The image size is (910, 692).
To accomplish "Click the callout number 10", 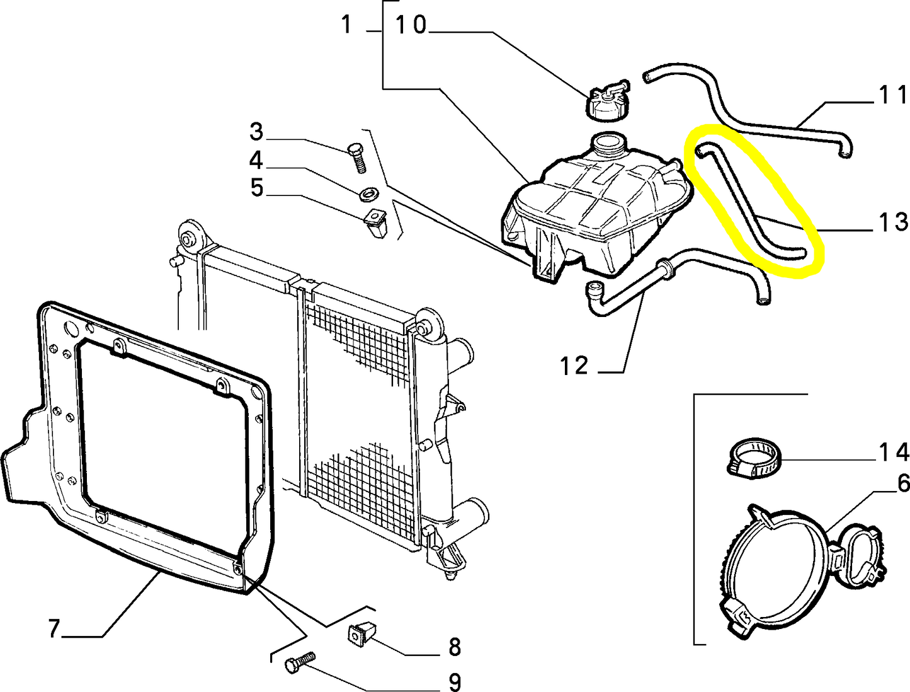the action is pyautogui.click(x=411, y=25).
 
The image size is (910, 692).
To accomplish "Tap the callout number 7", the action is pyautogui.click(x=54, y=628).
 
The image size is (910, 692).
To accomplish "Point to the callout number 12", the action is pyautogui.click(x=574, y=366).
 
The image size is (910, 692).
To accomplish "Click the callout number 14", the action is pyautogui.click(x=894, y=452).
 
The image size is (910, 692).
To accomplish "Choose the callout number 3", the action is pyautogui.click(x=256, y=131).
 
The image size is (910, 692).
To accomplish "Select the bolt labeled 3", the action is pyautogui.click(x=357, y=158).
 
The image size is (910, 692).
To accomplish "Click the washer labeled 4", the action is pyautogui.click(x=367, y=193).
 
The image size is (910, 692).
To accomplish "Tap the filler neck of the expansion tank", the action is pyautogui.click(x=608, y=144).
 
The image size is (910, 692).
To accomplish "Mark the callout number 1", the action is pyautogui.click(x=346, y=24).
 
